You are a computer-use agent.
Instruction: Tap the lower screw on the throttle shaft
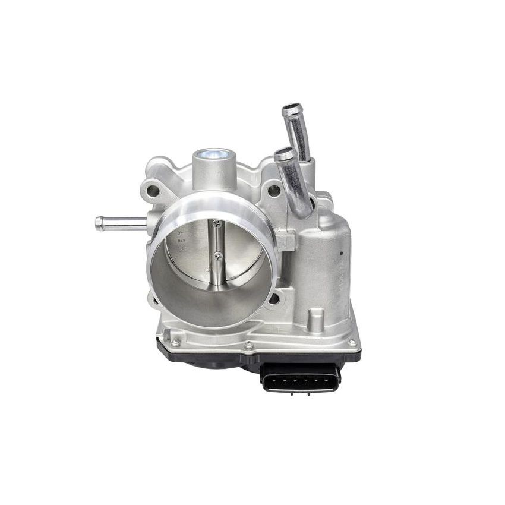[x=219, y=257]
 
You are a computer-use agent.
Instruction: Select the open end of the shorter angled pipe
[x=283, y=154]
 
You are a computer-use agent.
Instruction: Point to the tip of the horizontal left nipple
[x=99, y=223]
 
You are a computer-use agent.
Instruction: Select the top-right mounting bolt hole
[x=274, y=191]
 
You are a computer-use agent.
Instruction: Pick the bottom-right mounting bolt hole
[x=273, y=298]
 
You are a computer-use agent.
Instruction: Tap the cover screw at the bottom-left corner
[x=175, y=342]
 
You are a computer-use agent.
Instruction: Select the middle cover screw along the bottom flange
[x=248, y=345]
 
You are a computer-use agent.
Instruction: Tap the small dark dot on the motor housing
[x=342, y=252]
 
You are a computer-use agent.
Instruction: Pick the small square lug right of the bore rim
[x=286, y=241]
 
